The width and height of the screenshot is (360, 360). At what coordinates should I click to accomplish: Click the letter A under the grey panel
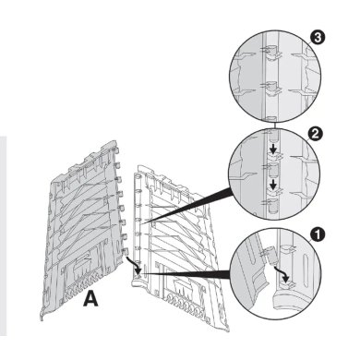(91, 299)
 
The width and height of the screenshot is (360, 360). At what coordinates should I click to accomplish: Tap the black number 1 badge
(318, 234)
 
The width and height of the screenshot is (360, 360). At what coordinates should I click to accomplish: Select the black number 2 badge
(315, 135)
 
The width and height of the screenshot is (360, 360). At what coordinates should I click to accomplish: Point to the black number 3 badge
(318, 38)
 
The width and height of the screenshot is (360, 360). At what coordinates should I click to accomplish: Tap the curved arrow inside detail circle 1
(282, 274)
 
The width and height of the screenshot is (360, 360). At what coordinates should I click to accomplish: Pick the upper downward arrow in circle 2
(272, 149)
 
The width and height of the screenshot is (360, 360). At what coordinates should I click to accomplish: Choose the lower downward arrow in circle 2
(272, 185)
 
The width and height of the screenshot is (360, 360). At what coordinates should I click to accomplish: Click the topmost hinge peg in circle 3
(270, 51)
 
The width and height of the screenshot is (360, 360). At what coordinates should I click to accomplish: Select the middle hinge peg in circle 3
(270, 86)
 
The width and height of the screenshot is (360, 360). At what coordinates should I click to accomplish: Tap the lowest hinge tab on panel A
(126, 251)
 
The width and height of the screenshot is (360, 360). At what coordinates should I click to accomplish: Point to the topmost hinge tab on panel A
(116, 150)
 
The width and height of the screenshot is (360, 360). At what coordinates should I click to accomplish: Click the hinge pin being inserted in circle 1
(271, 254)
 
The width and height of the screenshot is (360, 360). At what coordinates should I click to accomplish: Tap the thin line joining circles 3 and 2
(274, 125)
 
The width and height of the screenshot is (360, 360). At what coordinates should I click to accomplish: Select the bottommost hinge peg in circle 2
(271, 207)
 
